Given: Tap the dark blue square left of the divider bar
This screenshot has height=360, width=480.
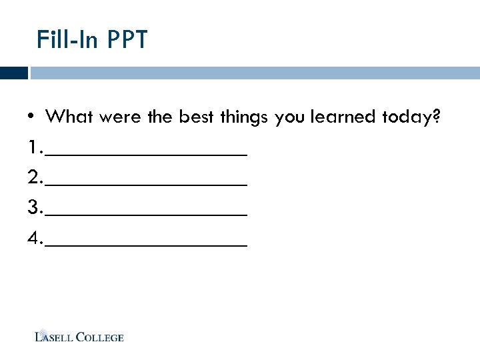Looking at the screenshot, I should (x=13, y=73).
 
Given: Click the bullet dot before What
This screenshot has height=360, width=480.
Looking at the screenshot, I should (x=31, y=118).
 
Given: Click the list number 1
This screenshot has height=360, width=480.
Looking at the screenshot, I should (x=33, y=147).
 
